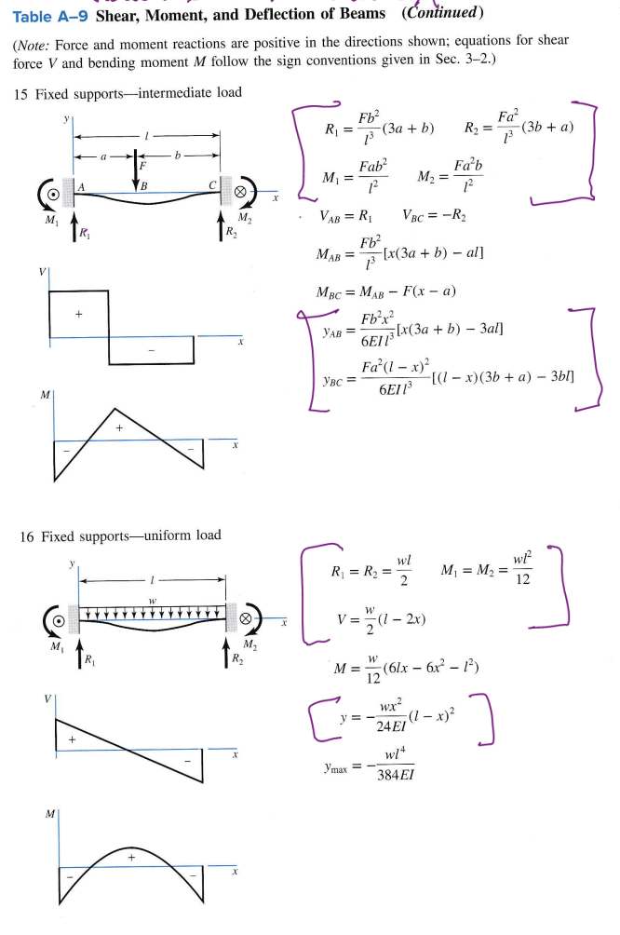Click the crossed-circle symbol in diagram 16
click(244, 617)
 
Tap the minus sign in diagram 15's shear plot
click(152, 350)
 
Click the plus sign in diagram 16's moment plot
click(131, 856)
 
